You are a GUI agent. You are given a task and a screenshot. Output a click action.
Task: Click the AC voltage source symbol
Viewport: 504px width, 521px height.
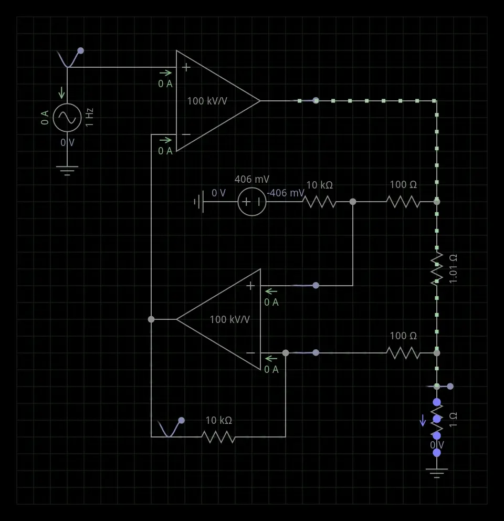(x=67, y=118)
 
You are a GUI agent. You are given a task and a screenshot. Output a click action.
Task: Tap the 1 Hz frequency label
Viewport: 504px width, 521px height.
(x=90, y=117)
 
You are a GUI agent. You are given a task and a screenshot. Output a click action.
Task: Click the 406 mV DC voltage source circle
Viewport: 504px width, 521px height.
(x=252, y=202)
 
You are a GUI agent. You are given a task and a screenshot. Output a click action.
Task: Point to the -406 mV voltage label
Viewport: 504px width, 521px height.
(x=286, y=193)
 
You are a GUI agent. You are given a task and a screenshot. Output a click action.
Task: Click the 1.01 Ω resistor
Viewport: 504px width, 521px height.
(x=437, y=269)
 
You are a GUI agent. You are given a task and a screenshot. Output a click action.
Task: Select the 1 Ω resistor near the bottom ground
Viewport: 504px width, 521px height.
(x=437, y=419)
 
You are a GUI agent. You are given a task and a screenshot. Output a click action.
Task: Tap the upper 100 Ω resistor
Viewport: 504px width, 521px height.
(x=403, y=202)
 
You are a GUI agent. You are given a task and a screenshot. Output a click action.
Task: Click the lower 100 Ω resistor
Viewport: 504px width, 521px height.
(x=403, y=353)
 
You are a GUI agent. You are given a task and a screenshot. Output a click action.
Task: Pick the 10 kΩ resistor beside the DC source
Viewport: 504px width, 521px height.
(x=319, y=202)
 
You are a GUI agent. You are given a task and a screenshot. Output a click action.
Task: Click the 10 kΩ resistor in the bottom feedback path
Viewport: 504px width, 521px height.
(x=218, y=436)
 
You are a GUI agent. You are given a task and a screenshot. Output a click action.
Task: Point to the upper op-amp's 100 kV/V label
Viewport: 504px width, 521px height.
(x=207, y=101)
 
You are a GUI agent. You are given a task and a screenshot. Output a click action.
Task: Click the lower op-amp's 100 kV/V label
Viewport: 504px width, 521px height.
(x=229, y=319)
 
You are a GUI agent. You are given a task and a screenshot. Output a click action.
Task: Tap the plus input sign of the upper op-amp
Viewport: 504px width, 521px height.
(x=186, y=67)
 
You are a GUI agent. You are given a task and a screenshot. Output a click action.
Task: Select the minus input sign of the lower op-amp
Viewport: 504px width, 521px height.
(x=250, y=353)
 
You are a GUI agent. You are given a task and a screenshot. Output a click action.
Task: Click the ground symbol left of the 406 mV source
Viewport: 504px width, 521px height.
(x=199, y=202)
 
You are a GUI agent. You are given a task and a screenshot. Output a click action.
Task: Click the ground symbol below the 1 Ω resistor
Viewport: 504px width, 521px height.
(x=437, y=472)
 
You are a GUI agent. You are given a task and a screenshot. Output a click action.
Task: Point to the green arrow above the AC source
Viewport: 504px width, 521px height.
(x=62, y=92)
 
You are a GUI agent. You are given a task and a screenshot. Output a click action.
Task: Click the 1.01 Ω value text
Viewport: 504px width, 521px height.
(x=454, y=269)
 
